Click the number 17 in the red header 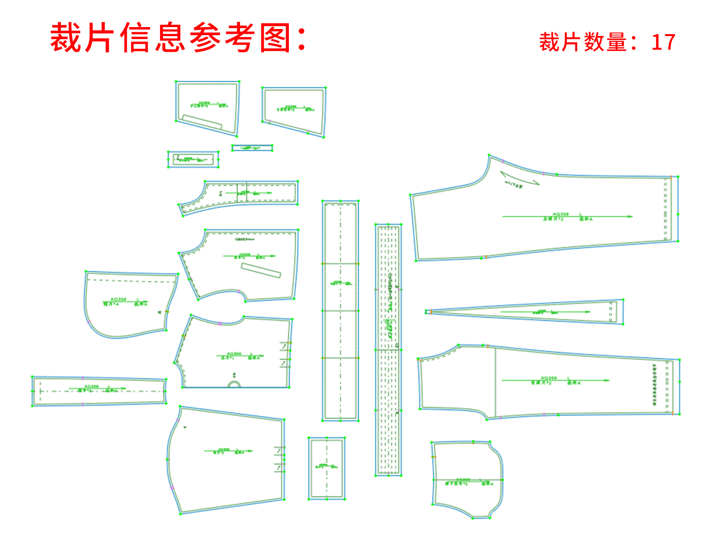(x=663, y=42)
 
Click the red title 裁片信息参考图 (x=178, y=38)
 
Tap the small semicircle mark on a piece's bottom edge (x=234, y=384)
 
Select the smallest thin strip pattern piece (x=252, y=148)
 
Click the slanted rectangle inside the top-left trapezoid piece (x=202, y=122)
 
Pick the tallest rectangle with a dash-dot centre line (x=340, y=311)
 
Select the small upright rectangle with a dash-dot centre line (x=327, y=468)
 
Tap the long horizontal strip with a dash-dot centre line (x=99, y=391)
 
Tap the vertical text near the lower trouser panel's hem (x=655, y=385)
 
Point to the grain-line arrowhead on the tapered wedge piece (x=588, y=312)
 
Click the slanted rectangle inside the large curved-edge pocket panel (x=261, y=270)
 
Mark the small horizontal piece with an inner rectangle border (x=193, y=159)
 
